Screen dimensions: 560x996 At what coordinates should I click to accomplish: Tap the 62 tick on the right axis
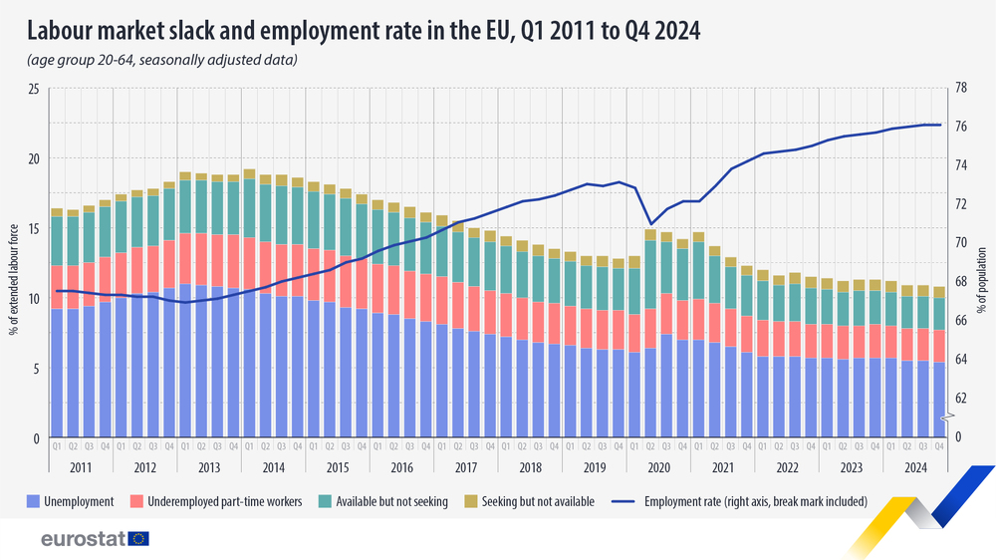point(963,398)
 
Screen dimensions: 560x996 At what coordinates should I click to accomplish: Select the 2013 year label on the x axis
point(209,467)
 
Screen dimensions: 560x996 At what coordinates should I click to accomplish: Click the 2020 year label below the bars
point(658,467)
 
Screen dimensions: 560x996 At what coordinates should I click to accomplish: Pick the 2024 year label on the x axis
point(914,467)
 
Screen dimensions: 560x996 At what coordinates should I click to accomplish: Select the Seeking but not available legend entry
point(538,501)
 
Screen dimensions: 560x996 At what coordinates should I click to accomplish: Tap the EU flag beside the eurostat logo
point(138,539)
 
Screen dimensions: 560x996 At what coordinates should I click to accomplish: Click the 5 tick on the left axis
point(35,369)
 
